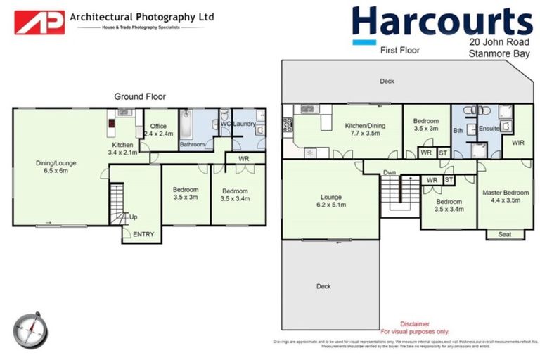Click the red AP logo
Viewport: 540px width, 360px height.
pos(39,22)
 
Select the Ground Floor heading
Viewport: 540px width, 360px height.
pos(140,96)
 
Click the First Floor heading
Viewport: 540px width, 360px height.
pos(399,50)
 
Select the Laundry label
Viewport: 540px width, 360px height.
pos(245,124)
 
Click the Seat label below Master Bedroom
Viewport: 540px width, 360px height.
pos(505,234)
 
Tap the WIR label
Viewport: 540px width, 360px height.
pos(518,143)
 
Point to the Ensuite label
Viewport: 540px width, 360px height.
pos(488,129)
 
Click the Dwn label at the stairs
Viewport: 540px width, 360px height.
pos(390,173)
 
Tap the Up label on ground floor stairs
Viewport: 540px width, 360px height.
pos(133,217)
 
